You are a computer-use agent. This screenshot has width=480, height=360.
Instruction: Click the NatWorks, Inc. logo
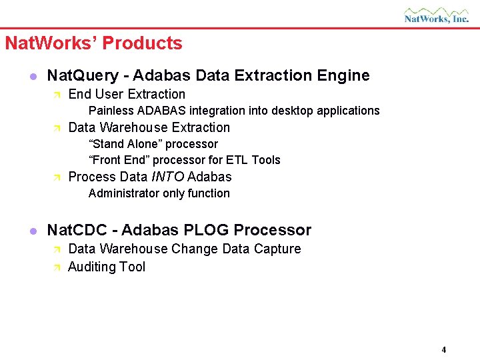(x=436, y=15)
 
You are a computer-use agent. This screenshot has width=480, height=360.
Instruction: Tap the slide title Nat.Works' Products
(x=93, y=43)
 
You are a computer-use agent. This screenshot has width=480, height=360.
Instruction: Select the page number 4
(x=443, y=350)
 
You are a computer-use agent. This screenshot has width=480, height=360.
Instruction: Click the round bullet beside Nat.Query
(x=31, y=76)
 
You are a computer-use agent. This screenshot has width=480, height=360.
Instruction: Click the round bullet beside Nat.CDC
(x=31, y=231)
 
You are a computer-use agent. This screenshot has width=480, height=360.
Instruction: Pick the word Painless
(x=111, y=111)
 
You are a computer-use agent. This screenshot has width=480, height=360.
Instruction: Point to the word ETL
(x=238, y=160)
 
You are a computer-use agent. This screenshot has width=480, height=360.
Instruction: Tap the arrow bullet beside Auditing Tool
(x=57, y=267)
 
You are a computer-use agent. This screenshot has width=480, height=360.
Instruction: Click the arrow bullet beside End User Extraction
(x=57, y=95)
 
